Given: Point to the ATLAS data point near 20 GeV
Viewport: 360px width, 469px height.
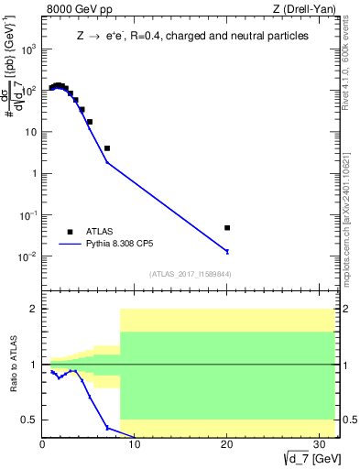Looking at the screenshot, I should tap(227, 227).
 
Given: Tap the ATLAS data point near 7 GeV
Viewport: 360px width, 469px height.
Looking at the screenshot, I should tap(107, 147).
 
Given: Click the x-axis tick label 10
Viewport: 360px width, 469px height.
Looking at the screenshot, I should tap(134, 445).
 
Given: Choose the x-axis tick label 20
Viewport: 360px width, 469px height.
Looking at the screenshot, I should tap(226, 445).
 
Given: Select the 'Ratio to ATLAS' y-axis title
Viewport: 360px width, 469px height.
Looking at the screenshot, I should tap(12, 365).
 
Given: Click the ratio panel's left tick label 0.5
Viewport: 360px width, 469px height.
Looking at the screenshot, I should tap(29, 420).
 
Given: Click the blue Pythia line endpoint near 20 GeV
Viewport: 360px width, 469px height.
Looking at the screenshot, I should tap(227, 251).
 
